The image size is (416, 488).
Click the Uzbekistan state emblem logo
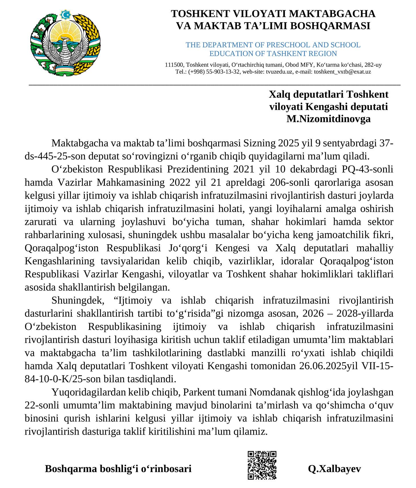pyautogui.click(x=65, y=43)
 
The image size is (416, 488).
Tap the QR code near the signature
pyautogui.click(x=262, y=465)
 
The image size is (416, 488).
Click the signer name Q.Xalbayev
pyautogui.click(x=334, y=469)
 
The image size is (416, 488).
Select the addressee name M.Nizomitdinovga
pyautogui.click(x=328, y=119)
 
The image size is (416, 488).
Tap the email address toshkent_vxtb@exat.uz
pyautogui.click(x=342, y=72)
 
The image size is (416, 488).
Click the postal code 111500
pyautogui.click(x=174, y=65)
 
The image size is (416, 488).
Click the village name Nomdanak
pyautogui.click(x=268, y=392)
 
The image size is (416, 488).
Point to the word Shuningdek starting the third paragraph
pyautogui.click(x=76, y=300)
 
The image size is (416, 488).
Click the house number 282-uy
pyautogui.click(x=372, y=65)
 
